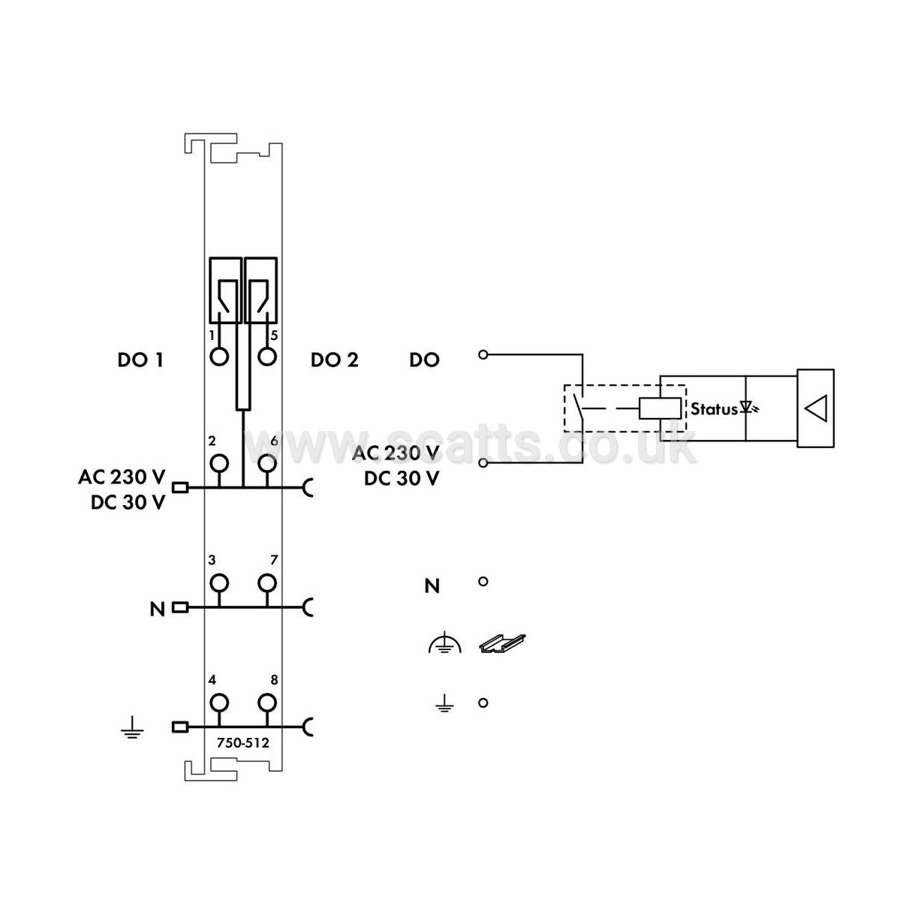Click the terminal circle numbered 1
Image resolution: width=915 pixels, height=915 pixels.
[219, 357]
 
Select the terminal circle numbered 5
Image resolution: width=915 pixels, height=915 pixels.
[267, 357]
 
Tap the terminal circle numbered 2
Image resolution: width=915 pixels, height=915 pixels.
[219, 463]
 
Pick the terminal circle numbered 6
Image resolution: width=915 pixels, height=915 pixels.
[267, 463]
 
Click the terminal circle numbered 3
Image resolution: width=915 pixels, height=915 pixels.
[219, 582]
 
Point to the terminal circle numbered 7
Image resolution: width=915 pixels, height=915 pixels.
[267, 582]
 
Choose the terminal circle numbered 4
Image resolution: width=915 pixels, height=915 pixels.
[219, 703]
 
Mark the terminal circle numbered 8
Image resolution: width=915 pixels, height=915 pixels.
[267, 703]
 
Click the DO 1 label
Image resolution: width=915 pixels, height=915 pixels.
[140, 360]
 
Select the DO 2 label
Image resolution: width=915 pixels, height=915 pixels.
[334, 360]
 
